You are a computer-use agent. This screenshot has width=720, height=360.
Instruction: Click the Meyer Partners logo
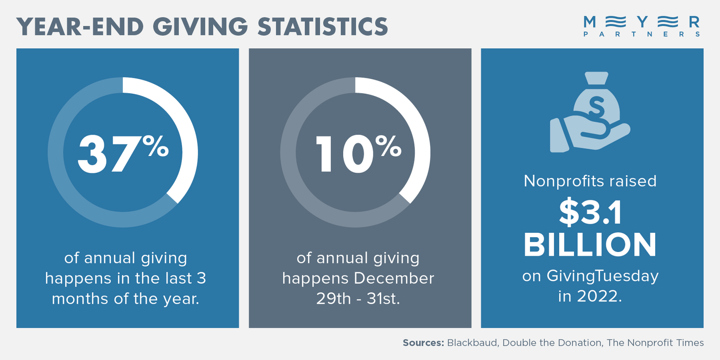coord(641,26)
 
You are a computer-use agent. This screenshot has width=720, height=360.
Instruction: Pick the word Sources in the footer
coord(422,343)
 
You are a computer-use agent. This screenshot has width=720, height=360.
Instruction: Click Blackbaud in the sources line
coord(470,343)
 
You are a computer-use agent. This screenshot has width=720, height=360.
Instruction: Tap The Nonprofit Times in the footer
coord(655,343)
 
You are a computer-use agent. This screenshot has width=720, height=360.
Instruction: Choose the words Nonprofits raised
coord(590,181)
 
